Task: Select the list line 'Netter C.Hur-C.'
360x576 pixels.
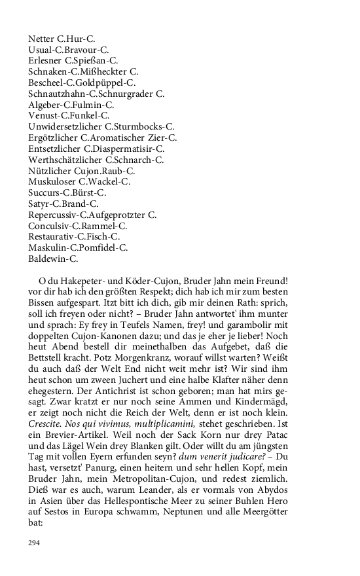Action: (x=62, y=39)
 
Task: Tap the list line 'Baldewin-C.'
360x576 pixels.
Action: (x=53, y=259)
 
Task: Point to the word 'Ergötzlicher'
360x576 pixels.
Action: (x=53, y=137)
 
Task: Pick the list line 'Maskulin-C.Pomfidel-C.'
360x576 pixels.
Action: (x=78, y=247)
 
